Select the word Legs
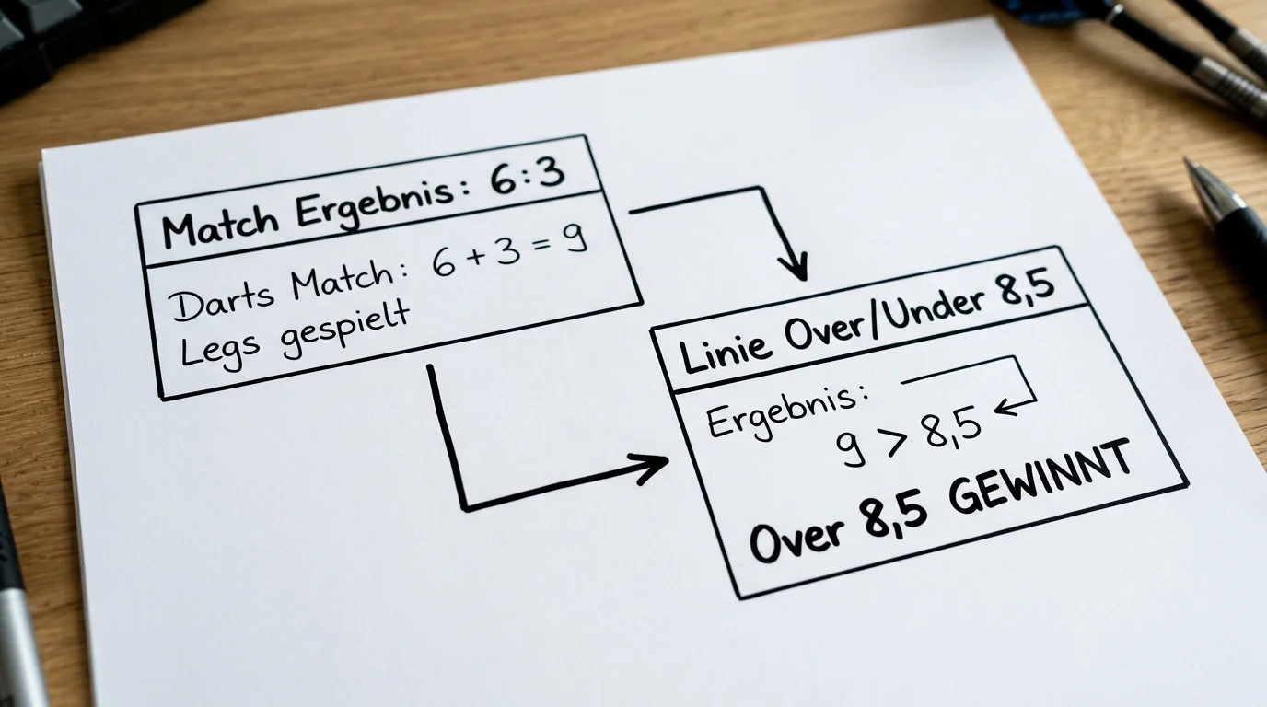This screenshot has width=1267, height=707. pos(218,344)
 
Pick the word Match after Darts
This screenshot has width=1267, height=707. pos(342,281)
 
